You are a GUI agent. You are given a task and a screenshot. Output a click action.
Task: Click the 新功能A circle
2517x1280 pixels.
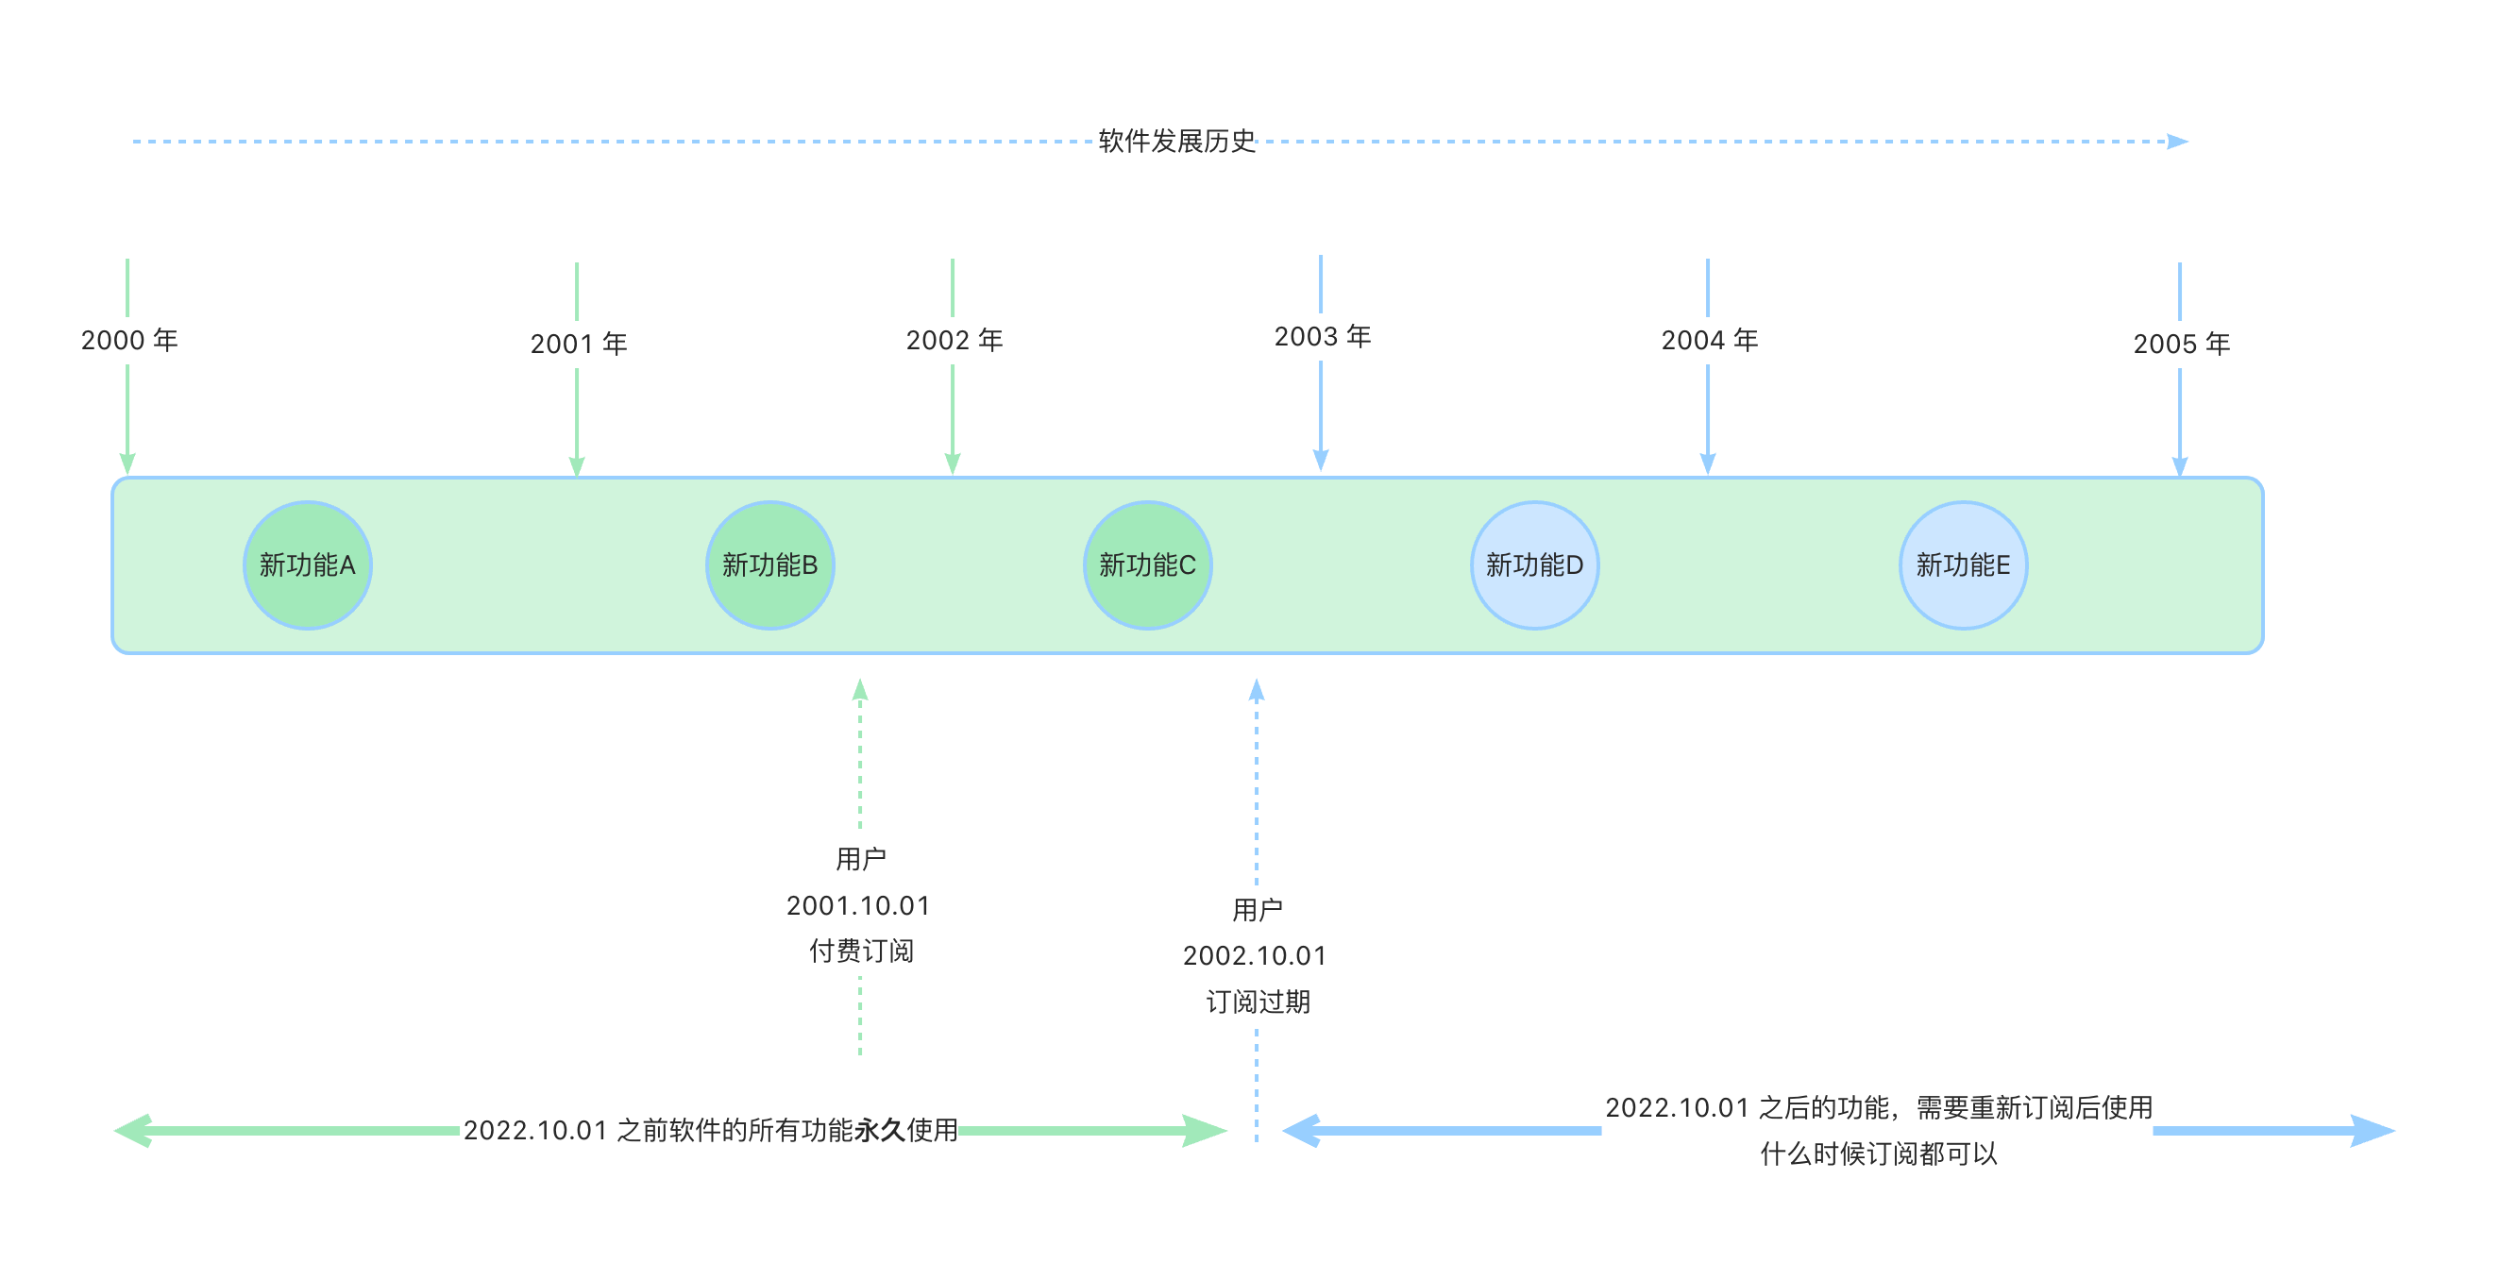click(307, 564)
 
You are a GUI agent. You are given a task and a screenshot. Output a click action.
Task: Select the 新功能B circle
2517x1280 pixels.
click(770, 564)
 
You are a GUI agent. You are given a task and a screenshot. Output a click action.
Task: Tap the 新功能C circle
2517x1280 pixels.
click(1147, 564)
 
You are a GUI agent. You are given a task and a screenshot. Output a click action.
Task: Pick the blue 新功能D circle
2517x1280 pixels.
click(1534, 564)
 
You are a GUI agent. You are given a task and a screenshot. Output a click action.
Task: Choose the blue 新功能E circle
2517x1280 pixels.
click(1962, 564)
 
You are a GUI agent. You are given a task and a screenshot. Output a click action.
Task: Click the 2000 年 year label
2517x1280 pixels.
click(129, 340)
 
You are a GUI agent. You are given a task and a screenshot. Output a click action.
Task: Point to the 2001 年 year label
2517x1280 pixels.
click(579, 344)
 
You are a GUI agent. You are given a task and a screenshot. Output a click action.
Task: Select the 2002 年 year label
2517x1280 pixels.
click(954, 340)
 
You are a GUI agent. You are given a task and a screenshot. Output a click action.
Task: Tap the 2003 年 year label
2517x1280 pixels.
click(1322, 336)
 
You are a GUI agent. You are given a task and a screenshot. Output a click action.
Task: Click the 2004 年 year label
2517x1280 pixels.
click(1709, 340)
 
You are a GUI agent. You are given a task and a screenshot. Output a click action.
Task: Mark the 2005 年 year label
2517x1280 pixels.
click(2181, 344)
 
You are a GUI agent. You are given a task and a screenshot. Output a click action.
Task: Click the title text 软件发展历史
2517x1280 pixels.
click(1176, 141)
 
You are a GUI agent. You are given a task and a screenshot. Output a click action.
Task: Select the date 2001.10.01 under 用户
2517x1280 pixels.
click(858, 906)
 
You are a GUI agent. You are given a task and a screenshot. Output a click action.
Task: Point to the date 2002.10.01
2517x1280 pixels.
click(1255, 955)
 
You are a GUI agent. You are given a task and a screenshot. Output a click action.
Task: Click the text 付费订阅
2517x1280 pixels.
click(861, 951)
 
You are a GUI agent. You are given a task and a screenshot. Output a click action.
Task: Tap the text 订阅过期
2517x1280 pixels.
click(1258, 1002)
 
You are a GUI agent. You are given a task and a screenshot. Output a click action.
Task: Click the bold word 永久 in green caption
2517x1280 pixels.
click(879, 1131)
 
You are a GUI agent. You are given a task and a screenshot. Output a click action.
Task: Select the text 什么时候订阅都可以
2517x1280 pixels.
click(1878, 1154)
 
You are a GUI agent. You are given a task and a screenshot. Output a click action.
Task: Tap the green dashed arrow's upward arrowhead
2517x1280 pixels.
click(860, 690)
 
